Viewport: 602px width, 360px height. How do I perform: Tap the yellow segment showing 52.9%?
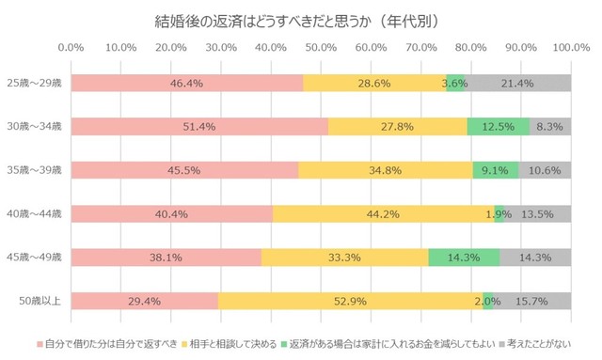click(x=348, y=301)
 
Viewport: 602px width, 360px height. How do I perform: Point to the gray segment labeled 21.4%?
click(x=519, y=83)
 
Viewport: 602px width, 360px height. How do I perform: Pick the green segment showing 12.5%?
click(x=499, y=126)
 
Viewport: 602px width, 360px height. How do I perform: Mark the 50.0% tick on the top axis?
click(x=320, y=46)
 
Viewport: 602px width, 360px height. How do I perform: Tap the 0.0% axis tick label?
click(x=71, y=46)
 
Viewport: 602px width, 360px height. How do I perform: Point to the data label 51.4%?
click(x=199, y=126)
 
